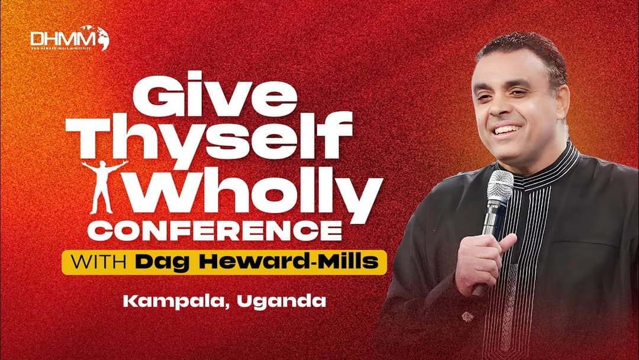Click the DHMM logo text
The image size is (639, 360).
coord(62,37)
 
